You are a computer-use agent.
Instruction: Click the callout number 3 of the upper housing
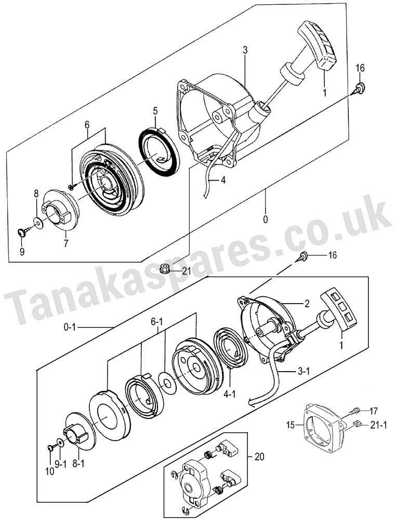[x=245, y=50]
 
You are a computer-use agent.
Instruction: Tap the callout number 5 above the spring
[x=155, y=111]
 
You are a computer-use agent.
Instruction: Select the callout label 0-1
[x=70, y=327]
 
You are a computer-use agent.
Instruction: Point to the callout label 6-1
[x=157, y=322]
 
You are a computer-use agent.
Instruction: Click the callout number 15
[x=291, y=425]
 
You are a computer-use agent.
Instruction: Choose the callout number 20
[x=259, y=457]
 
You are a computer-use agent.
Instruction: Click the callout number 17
[x=374, y=412]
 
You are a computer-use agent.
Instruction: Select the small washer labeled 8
[x=38, y=223]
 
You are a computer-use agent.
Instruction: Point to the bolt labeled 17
[x=354, y=412]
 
